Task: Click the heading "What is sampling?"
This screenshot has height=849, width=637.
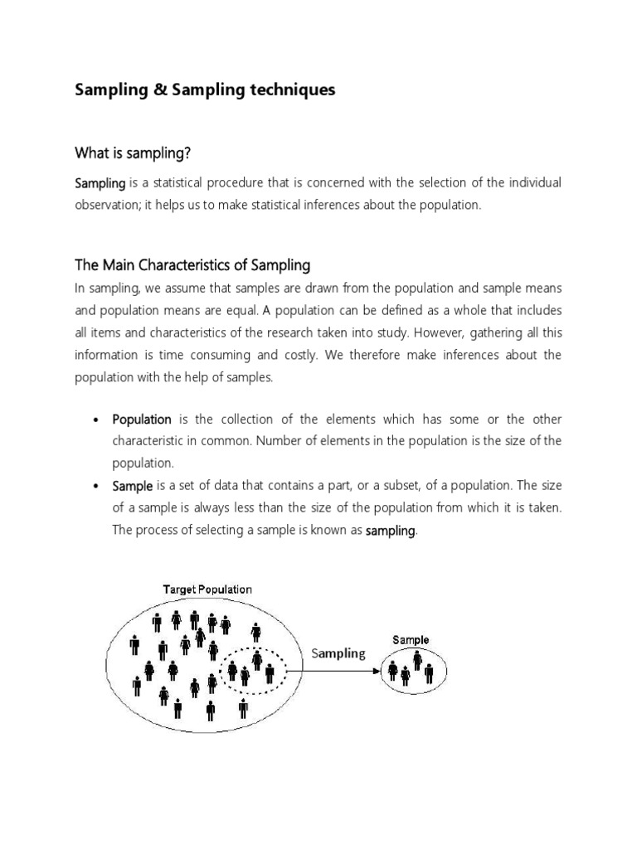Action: click(x=139, y=152)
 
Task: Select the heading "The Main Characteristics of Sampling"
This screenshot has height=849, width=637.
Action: click(x=192, y=265)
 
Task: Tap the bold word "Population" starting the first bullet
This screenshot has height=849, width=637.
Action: click(x=142, y=420)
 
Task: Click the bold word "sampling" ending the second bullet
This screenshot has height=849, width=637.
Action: click(x=391, y=531)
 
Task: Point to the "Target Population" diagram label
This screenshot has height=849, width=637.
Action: click(x=207, y=589)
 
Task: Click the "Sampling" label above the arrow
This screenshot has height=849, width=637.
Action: click(x=338, y=653)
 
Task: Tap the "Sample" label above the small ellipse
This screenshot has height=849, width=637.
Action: click(x=411, y=639)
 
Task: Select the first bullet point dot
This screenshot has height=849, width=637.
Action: click(x=96, y=420)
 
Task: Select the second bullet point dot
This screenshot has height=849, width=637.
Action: click(x=96, y=486)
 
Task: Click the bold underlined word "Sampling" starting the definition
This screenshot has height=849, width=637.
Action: click(x=100, y=182)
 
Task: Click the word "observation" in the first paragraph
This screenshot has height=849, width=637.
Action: click(x=107, y=205)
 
